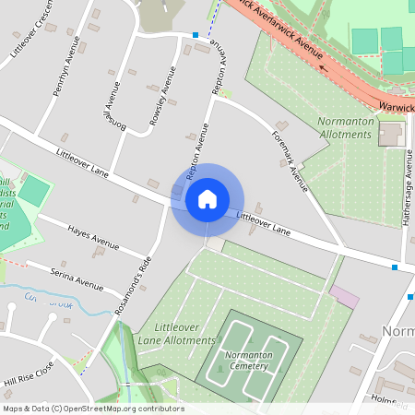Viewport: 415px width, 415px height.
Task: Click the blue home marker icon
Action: [x=207, y=198]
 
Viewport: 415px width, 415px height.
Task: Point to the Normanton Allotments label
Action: [x=344, y=127]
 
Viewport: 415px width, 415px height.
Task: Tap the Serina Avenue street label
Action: [x=77, y=274]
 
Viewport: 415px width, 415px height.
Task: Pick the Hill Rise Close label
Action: [x=29, y=374]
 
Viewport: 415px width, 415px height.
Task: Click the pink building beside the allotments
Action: [x=344, y=297]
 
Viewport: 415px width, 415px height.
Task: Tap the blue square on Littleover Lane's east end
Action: [x=395, y=267]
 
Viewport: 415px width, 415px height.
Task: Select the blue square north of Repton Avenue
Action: [x=196, y=35]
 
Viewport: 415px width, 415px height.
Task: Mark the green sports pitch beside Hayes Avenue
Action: [x=34, y=191]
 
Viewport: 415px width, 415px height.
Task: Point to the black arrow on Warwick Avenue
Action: [x=323, y=65]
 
